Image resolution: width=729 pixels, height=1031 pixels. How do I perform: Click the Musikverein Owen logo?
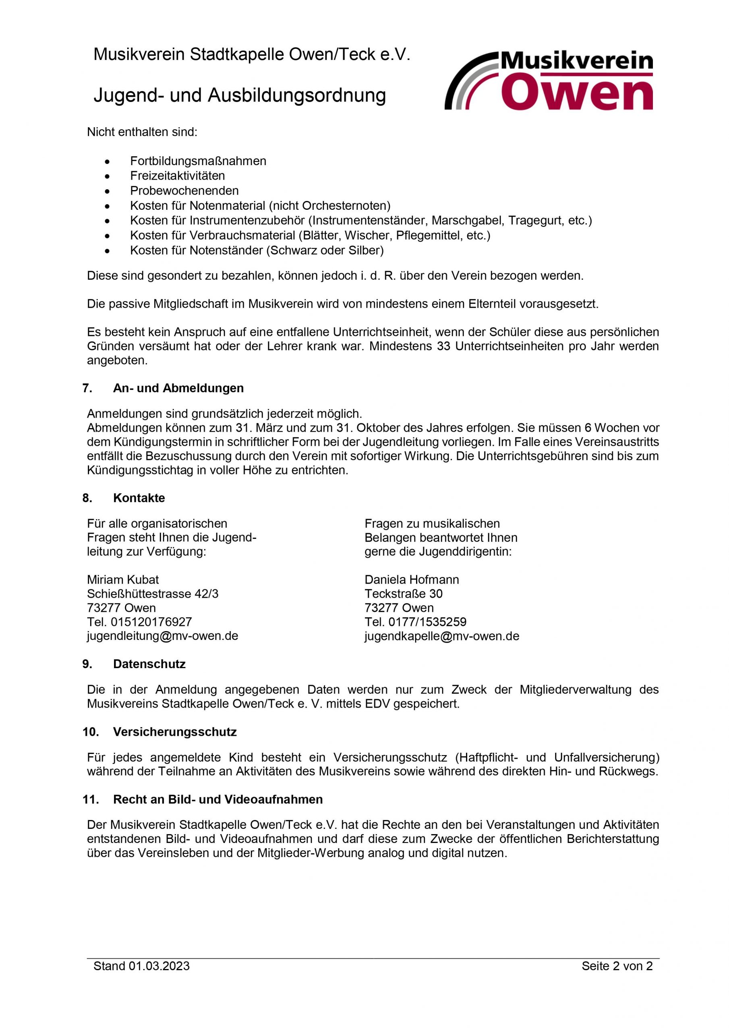click(x=549, y=81)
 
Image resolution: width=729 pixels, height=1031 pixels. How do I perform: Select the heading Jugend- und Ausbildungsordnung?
click(x=239, y=95)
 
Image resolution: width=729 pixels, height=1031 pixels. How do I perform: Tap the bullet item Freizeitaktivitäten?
click(x=178, y=176)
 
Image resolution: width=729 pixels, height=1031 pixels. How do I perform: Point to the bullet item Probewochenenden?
click(x=184, y=190)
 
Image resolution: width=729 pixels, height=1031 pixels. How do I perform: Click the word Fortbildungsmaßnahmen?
click(x=198, y=161)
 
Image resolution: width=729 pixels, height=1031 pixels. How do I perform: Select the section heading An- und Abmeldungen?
click(x=178, y=388)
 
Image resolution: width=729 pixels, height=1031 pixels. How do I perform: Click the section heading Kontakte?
click(x=139, y=498)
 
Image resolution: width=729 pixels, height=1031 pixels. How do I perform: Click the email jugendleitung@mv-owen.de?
click(x=162, y=636)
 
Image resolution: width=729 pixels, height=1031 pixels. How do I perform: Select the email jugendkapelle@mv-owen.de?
click(x=441, y=636)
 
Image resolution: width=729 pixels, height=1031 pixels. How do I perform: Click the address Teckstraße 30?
click(x=403, y=594)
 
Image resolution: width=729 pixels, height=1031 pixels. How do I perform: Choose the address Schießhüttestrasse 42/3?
click(x=153, y=594)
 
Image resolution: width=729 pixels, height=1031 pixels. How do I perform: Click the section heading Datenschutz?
click(x=149, y=664)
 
